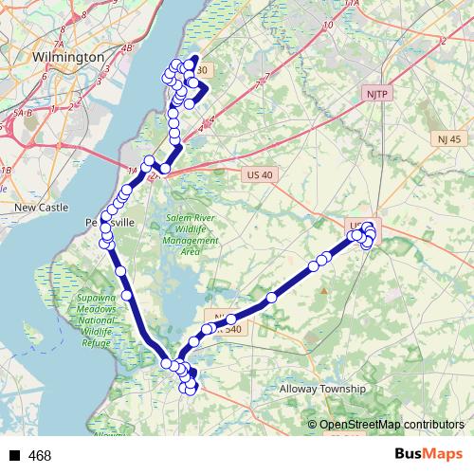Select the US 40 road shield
pyautogui.click(x=258, y=174)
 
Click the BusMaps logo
pyautogui.click(x=428, y=454)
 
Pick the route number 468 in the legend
pyautogui.click(x=40, y=456)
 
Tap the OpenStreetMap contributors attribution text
pyautogui.click(x=392, y=425)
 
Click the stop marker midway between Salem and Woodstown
pyautogui.click(x=272, y=298)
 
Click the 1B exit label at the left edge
pyautogui.click(x=6, y=170)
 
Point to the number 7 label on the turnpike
pyautogui.click(x=254, y=87)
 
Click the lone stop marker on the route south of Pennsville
pyautogui.click(x=119, y=271)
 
